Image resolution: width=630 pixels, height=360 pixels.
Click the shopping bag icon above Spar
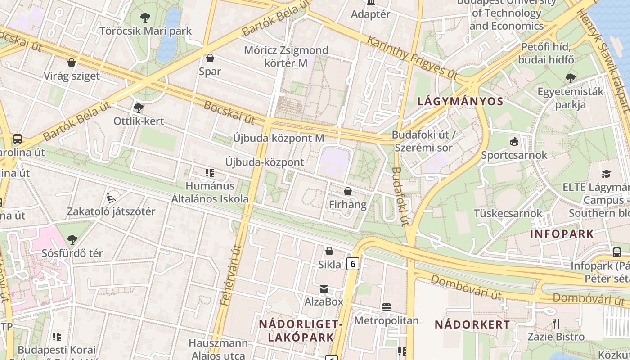210,58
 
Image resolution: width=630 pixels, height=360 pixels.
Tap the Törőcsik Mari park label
145,31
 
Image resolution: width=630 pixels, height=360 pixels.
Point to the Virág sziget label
72,76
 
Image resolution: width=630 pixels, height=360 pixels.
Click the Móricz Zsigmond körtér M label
286,56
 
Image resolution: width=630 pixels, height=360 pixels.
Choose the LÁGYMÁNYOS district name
460,101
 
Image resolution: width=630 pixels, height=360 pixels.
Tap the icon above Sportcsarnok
514,142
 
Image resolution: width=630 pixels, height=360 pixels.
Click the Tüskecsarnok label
508,213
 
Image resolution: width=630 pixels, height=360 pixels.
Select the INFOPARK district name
562,234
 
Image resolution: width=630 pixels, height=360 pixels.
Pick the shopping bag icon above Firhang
347,192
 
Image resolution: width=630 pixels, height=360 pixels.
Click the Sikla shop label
330,265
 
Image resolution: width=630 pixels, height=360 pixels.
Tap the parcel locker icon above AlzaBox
324,289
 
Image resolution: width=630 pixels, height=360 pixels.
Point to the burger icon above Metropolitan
386,307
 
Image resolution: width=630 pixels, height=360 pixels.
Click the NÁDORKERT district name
472,324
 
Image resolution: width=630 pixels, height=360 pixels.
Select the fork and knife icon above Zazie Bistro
556,323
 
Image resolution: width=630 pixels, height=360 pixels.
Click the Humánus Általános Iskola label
210,192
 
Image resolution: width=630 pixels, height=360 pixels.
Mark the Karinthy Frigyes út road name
412,56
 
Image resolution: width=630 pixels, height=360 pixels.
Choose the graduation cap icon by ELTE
607,174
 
